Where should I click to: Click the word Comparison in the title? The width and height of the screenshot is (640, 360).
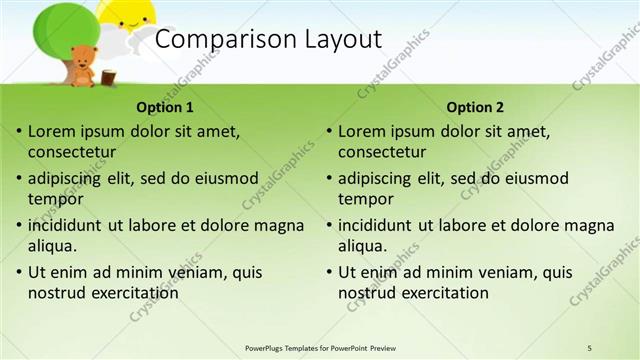220,39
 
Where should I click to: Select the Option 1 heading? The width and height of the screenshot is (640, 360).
165,107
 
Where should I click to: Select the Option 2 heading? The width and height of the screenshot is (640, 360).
475,107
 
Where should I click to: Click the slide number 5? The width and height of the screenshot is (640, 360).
589,347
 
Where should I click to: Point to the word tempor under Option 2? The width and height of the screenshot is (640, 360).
365,199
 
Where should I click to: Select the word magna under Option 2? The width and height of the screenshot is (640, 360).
590,226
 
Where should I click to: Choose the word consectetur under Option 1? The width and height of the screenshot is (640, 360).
72,153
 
